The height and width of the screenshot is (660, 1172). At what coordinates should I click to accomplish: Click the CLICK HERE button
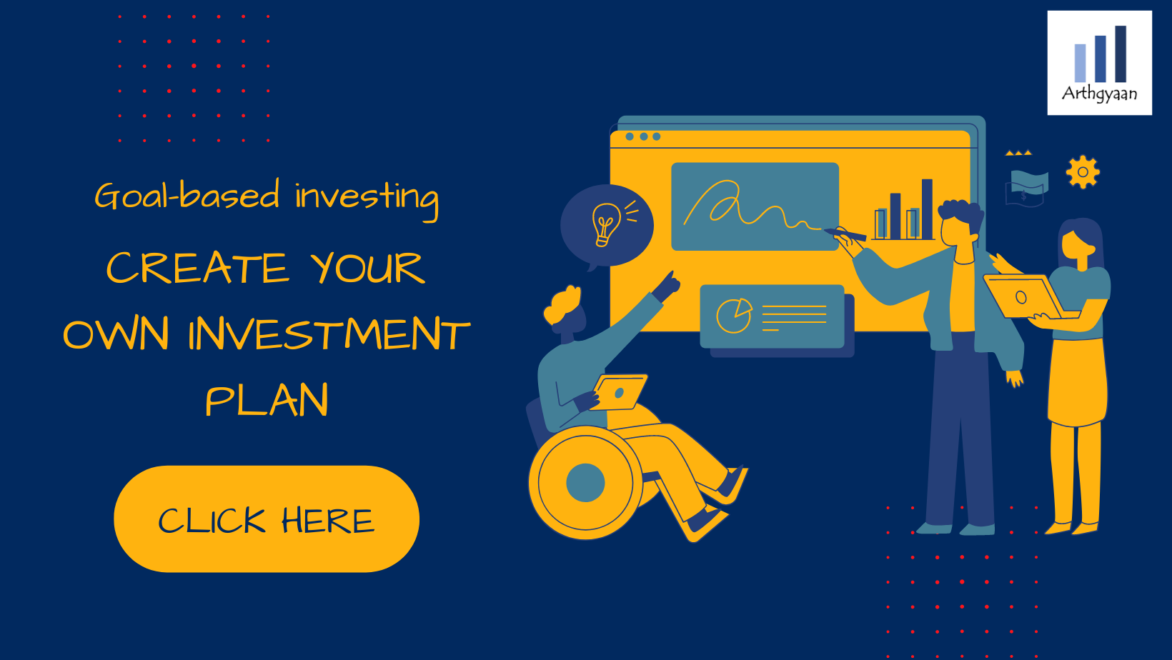click(267, 519)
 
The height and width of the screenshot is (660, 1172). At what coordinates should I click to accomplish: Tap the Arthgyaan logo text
click(1099, 94)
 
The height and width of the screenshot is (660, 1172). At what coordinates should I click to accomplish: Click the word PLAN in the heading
click(267, 399)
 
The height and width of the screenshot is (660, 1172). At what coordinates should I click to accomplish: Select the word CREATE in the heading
click(197, 268)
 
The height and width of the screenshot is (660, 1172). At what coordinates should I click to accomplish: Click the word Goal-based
click(187, 195)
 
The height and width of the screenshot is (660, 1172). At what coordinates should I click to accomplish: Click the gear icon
click(1083, 172)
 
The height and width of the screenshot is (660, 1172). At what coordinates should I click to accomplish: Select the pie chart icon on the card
click(734, 315)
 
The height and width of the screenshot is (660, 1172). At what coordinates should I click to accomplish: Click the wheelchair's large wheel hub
click(585, 482)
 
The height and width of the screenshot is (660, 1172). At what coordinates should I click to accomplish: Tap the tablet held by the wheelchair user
click(620, 392)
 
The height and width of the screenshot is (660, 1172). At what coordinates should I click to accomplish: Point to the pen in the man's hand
click(845, 234)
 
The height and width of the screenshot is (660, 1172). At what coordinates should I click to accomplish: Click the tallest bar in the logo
click(1121, 54)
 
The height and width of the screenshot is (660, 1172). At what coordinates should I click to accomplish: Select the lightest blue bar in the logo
click(1080, 64)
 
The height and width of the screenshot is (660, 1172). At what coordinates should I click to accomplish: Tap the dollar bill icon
click(1026, 188)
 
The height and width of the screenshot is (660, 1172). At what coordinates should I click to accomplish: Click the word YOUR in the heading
click(367, 268)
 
